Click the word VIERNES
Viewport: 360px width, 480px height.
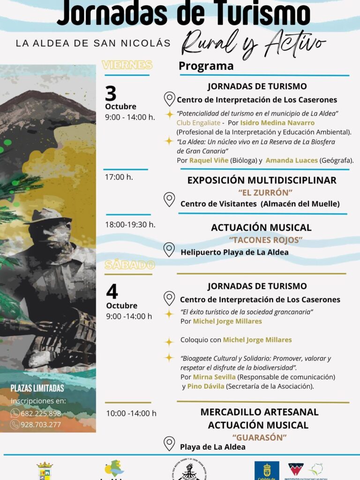[127, 65]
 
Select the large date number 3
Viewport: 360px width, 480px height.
[111, 94]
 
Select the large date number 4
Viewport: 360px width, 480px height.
[112, 292]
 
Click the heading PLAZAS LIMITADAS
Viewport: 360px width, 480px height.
[37, 388]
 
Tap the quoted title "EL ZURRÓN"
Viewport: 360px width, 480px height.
[266, 192]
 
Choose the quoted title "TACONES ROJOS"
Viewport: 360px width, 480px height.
[266, 240]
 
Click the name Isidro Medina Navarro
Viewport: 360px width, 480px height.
[277, 123]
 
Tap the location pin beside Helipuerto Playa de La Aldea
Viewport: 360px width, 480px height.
[169, 250]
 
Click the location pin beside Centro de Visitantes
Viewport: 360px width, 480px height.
[169, 200]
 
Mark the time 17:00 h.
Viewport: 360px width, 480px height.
[119, 177]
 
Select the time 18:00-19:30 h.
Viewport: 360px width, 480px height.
[130, 224]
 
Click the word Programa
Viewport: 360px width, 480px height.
[206, 66]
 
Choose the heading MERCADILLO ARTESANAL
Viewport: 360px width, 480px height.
[259, 412]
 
